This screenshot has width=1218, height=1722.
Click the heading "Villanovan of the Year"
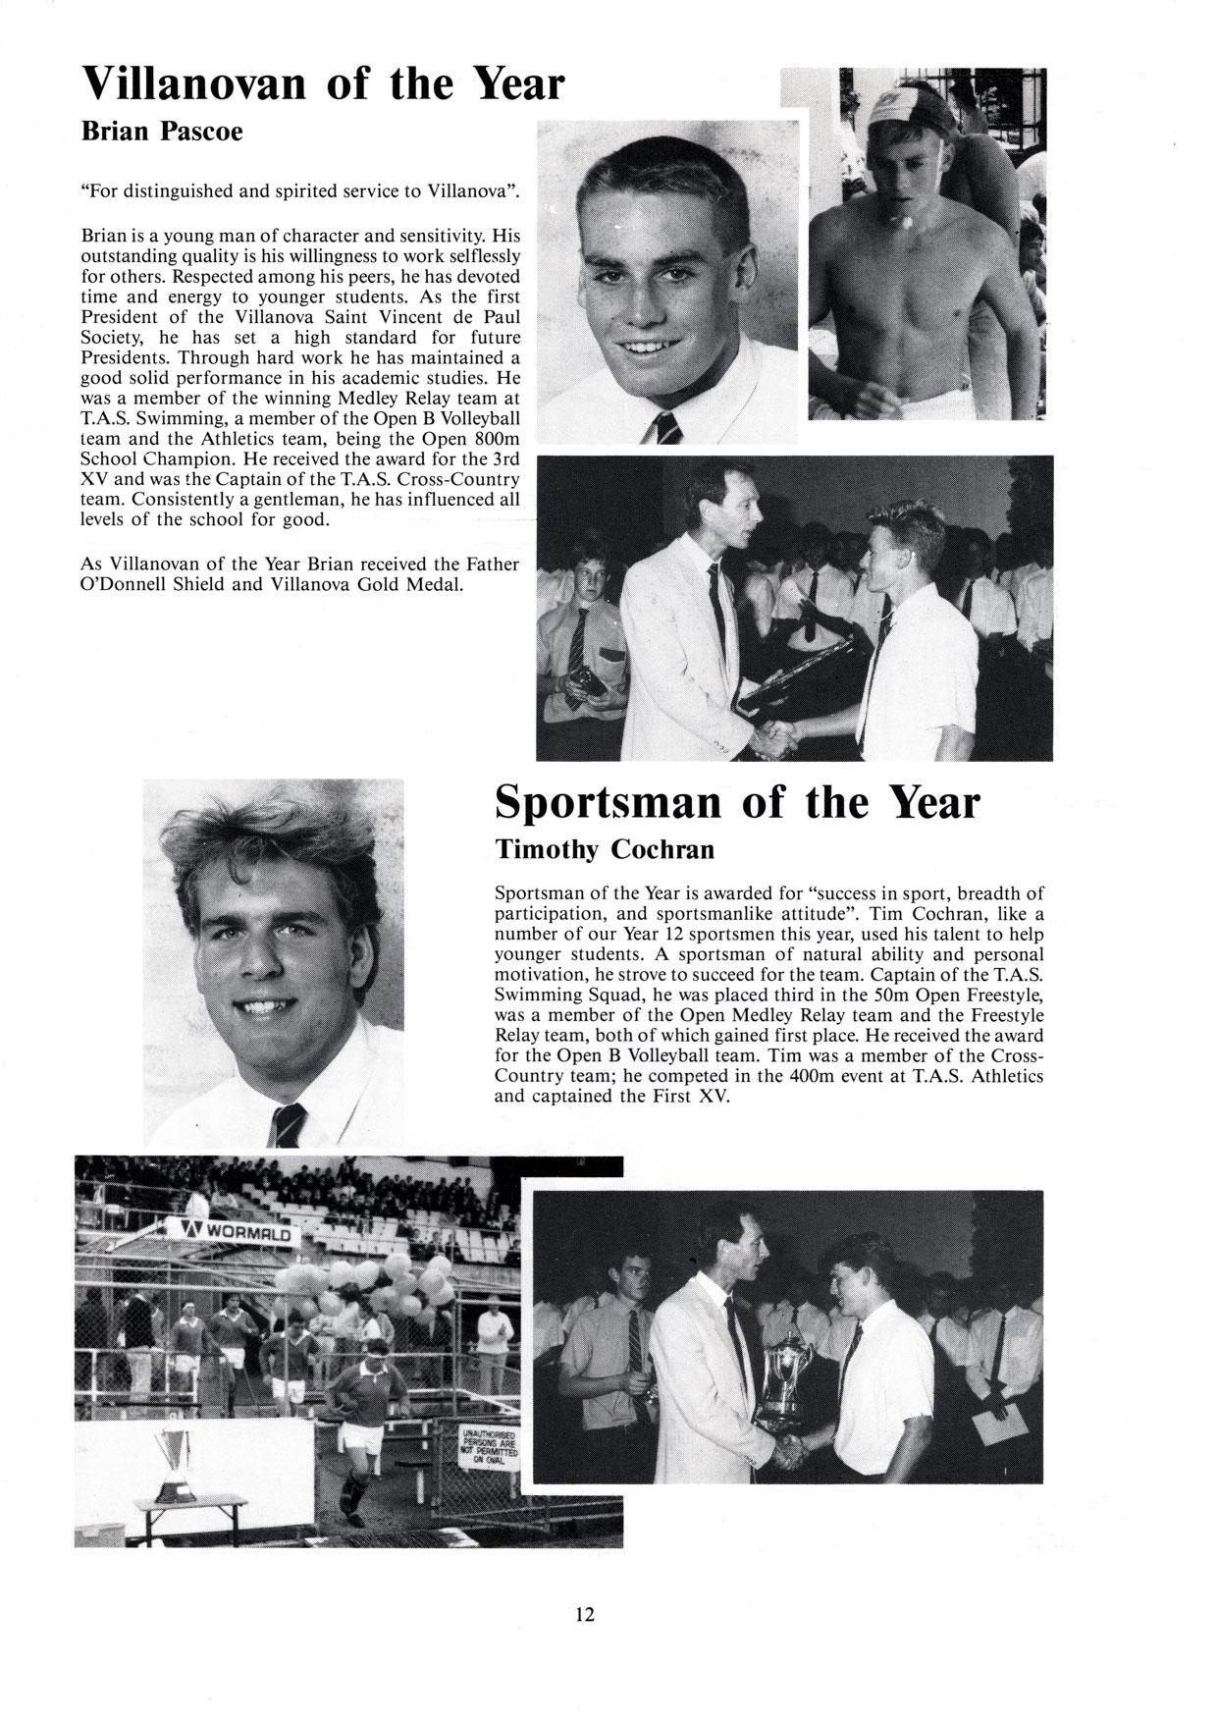[323, 84]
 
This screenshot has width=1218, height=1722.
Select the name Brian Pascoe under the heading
[161, 132]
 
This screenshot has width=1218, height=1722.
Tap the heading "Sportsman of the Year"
[737, 803]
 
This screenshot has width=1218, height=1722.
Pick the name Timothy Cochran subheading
[604, 849]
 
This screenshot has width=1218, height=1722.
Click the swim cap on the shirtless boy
[908, 111]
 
